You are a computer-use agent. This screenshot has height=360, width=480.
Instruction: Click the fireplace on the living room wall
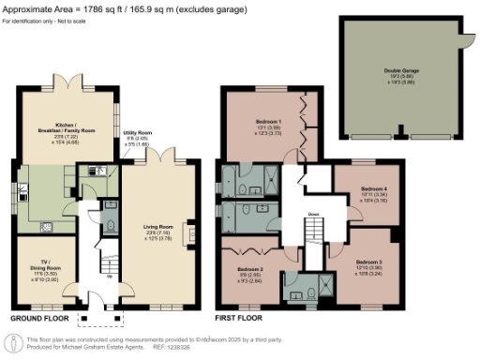click(x=192, y=232)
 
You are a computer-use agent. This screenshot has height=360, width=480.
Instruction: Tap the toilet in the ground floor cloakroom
click(x=111, y=225)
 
